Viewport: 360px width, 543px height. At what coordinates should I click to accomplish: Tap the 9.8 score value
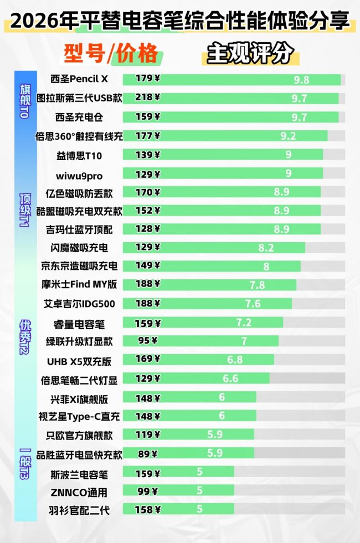coord(302,80)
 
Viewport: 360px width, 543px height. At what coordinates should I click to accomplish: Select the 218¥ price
coord(148,98)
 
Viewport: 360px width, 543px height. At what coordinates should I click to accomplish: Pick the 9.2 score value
coord(288,136)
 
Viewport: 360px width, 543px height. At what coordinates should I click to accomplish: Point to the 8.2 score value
coord(266,248)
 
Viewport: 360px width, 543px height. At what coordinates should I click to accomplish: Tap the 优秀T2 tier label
coord(25,337)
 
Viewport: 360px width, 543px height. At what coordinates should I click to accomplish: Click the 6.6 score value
coord(230,379)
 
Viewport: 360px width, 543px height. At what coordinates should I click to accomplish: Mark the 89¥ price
coord(147,454)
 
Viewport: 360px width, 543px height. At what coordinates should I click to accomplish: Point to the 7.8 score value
coord(257,285)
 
